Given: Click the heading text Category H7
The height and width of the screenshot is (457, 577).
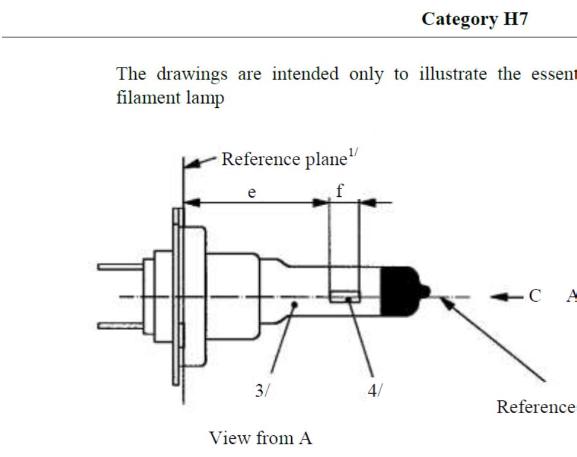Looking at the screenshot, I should (x=475, y=19).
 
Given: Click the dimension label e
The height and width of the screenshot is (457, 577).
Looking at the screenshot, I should (x=252, y=193).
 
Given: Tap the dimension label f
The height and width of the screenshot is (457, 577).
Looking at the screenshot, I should (x=339, y=191).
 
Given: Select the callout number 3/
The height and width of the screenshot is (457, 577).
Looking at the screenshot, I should (x=262, y=391).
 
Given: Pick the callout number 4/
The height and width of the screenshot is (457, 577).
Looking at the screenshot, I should (x=374, y=391).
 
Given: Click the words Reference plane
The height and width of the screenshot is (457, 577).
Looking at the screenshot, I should (x=277, y=160).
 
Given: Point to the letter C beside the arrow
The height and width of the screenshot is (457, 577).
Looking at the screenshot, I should (x=535, y=296).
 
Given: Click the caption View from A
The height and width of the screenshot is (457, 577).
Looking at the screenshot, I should (x=260, y=438).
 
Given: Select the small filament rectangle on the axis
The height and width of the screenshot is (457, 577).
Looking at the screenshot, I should (x=345, y=296).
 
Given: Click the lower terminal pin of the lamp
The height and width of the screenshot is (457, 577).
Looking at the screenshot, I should (x=121, y=326).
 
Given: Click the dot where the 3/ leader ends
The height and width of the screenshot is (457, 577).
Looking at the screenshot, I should (x=294, y=305).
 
